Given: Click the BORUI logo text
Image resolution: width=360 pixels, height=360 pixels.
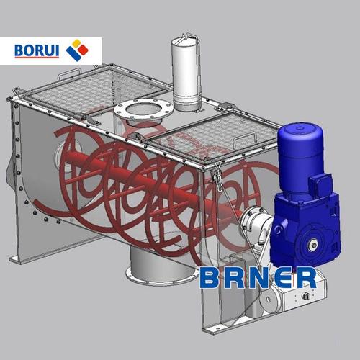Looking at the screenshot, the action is coord(37,50).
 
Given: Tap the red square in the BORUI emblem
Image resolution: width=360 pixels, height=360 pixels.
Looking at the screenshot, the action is coord(83,50).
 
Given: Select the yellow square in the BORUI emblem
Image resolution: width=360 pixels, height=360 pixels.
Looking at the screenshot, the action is coord(76,43).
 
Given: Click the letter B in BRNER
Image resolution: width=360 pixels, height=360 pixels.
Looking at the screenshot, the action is coord(210,278).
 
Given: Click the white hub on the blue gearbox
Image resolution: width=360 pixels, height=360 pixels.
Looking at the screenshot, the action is coord(313,245).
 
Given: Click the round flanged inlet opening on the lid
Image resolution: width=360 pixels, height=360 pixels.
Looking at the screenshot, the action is coord(143,111).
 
